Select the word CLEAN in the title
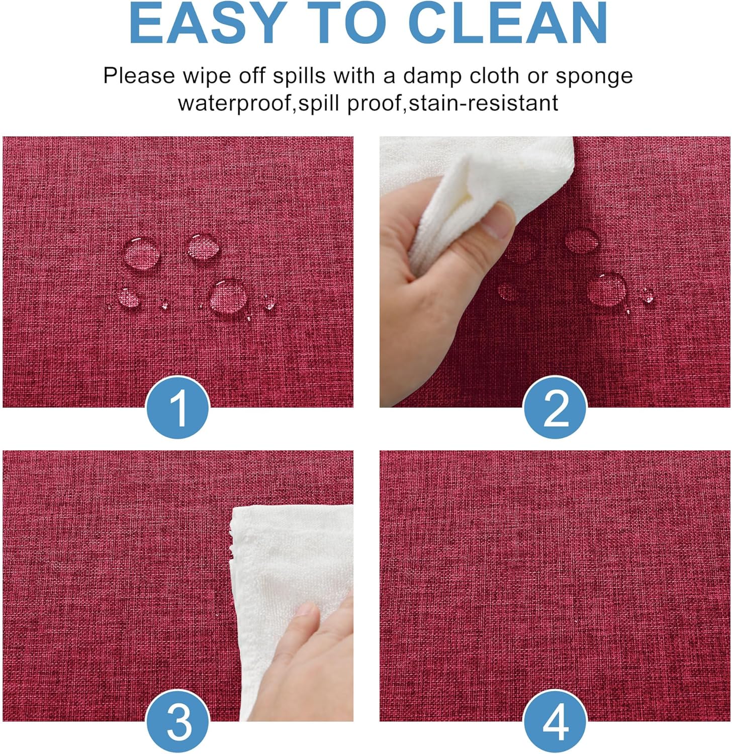(508, 23)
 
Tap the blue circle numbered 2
(555, 407)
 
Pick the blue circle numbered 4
(555, 722)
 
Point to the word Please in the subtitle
(139, 76)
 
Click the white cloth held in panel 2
(468, 181)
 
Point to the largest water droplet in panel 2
(607, 288)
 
